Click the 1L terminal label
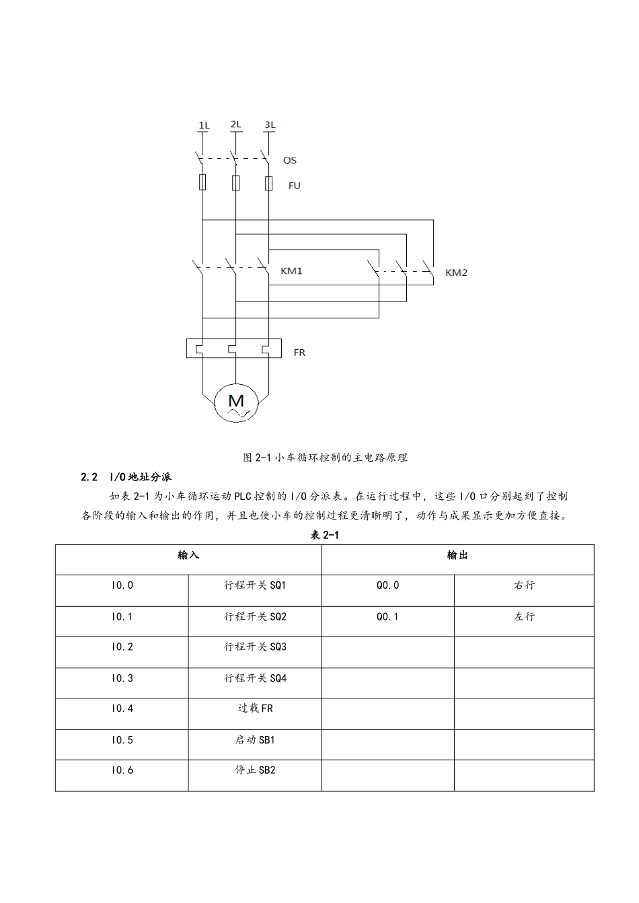pyautogui.click(x=204, y=125)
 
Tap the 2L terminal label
pyautogui.click(x=235, y=124)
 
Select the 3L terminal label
pyautogui.click(x=270, y=124)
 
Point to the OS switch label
pyautogui.click(x=289, y=160)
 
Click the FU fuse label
pyautogui.click(x=294, y=186)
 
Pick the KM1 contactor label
pyautogui.click(x=291, y=271)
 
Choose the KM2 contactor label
pyautogui.click(x=456, y=273)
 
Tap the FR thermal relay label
pyautogui.click(x=299, y=352)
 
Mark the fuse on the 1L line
pyautogui.click(x=202, y=182)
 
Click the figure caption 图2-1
pyautogui.click(x=325, y=458)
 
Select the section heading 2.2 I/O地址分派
pyautogui.click(x=126, y=477)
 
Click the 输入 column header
pyautogui.click(x=188, y=555)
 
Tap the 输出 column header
pyautogui.click(x=457, y=555)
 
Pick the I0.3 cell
pyautogui.click(x=122, y=678)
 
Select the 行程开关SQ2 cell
pyautogui.click(x=255, y=616)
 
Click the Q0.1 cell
pyautogui.click(x=387, y=616)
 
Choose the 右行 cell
pyautogui.click(x=524, y=585)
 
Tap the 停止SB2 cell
pyautogui.click(x=255, y=770)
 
